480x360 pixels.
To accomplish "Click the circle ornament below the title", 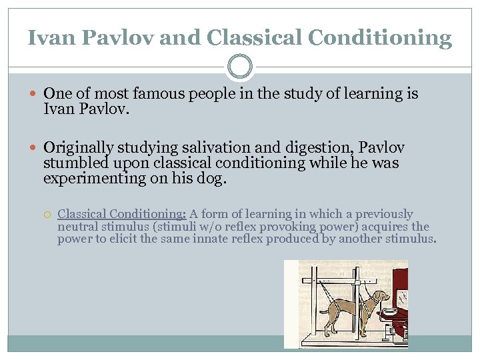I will pos(240,67).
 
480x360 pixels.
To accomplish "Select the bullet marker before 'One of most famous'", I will pos(35,94).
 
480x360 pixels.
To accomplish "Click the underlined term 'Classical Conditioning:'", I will pos(122,214).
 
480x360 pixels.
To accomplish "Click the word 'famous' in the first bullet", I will pos(147,93).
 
